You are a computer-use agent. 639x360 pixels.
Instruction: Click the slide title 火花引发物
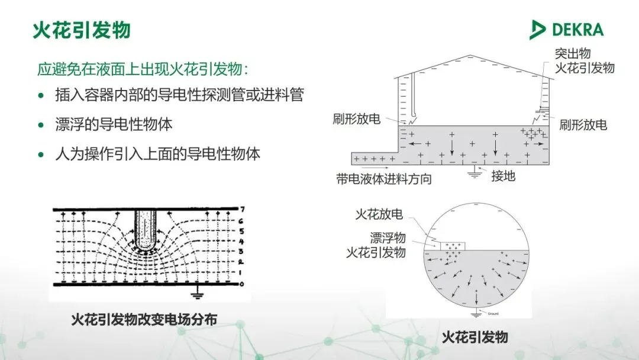[80, 30]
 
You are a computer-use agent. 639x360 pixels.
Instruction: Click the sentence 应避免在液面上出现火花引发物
[143, 69]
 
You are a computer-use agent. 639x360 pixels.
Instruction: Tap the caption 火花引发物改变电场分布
[144, 319]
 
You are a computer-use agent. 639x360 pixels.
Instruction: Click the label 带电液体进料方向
[384, 179]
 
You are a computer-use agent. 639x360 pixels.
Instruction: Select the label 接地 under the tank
[504, 175]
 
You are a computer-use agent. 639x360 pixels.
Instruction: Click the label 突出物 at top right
[572, 53]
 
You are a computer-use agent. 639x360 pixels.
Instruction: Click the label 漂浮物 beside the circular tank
[388, 238]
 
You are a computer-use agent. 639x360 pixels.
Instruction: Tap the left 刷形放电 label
[357, 118]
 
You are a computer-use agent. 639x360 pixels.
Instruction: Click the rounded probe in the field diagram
[144, 228]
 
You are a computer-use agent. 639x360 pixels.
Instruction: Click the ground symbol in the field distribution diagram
[196, 294]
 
